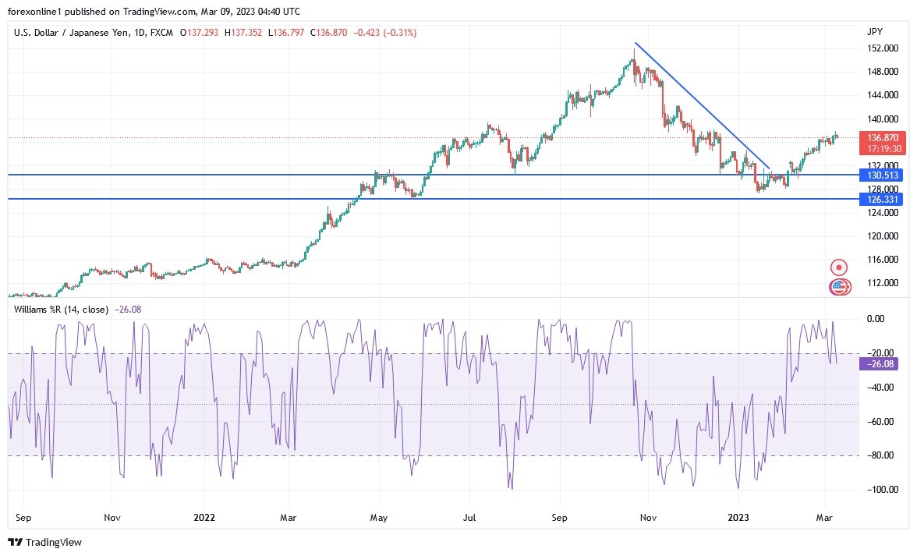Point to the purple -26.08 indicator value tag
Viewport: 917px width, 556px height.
[x=876, y=363]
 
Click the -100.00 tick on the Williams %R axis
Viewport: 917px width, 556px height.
[x=880, y=490]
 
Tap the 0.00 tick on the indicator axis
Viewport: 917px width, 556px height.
[x=876, y=319]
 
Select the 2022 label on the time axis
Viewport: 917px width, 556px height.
[x=204, y=517]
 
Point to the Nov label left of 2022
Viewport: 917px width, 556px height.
[x=112, y=517]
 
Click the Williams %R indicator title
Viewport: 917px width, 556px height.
[x=61, y=310]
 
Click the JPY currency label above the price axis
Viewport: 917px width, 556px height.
[x=874, y=32]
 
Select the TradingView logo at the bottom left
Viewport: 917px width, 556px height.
[x=44, y=542]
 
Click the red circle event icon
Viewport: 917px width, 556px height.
[x=840, y=267]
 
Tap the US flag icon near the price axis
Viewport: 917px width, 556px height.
[x=838, y=286]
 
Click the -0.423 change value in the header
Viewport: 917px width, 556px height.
[x=367, y=33]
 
